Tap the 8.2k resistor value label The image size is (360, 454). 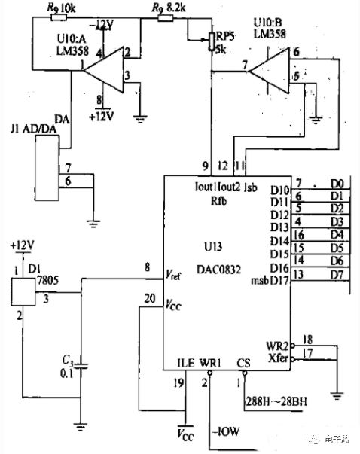pos(175,8)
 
